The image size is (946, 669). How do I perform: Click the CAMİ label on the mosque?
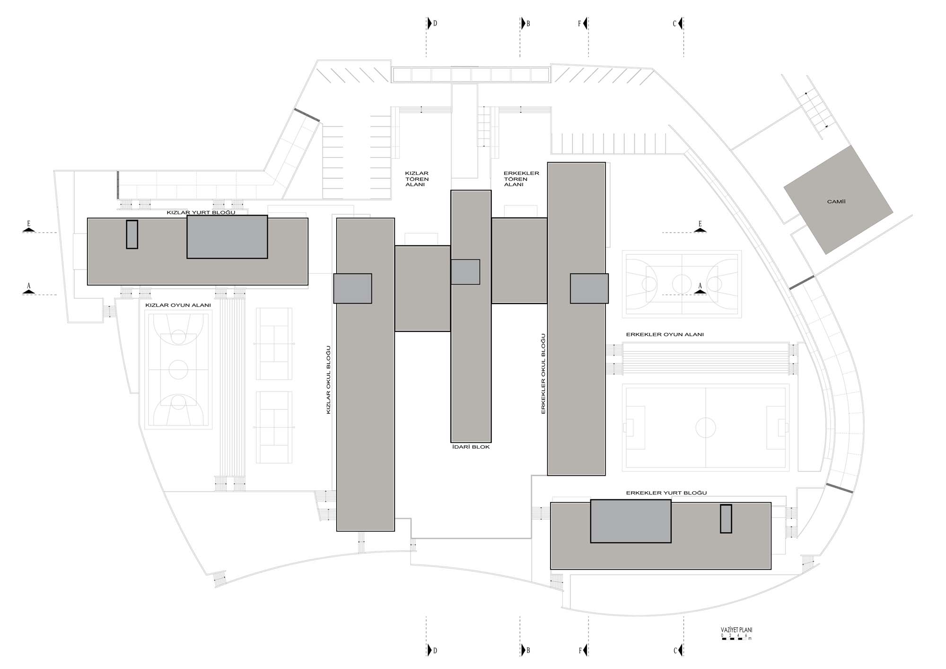pyautogui.click(x=836, y=202)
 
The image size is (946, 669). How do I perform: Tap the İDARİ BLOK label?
pyautogui.click(x=471, y=447)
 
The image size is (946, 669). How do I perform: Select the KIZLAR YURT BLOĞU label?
pyautogui.click(x=201, y=213)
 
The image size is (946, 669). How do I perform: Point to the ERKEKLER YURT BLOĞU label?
pyautogui.click(x=666, y=493)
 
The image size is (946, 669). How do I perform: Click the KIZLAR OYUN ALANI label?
pyautogui.click(x=178, y=305)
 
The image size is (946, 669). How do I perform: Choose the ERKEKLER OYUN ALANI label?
pyautogui.click(x=665, y=334)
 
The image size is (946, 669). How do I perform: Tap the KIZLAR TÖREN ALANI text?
pyautogui.click(x=417, y=179)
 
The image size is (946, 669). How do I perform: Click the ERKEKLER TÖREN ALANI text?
pyautogui.click(x=521, y=179)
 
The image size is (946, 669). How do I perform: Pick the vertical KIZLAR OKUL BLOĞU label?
pyautogui.click(x=328, y=380)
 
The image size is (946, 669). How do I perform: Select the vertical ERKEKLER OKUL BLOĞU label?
pyautogui.click(x=543, y=374)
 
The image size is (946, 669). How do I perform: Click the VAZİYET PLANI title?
pyautogui.click(x=736, y=630)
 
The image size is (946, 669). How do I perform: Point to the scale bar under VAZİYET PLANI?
pyautogui.click(x=734, y=638)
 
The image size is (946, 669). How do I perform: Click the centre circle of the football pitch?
pyautogui.click(x=705, y=427)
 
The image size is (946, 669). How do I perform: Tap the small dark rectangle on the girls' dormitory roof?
pyautogui.click(x=132, y=235)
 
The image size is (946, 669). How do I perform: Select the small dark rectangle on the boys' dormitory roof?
pyautogui.click(x=726, y=519)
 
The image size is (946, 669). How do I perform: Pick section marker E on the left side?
pyautogui.click(x=29, y=227)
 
